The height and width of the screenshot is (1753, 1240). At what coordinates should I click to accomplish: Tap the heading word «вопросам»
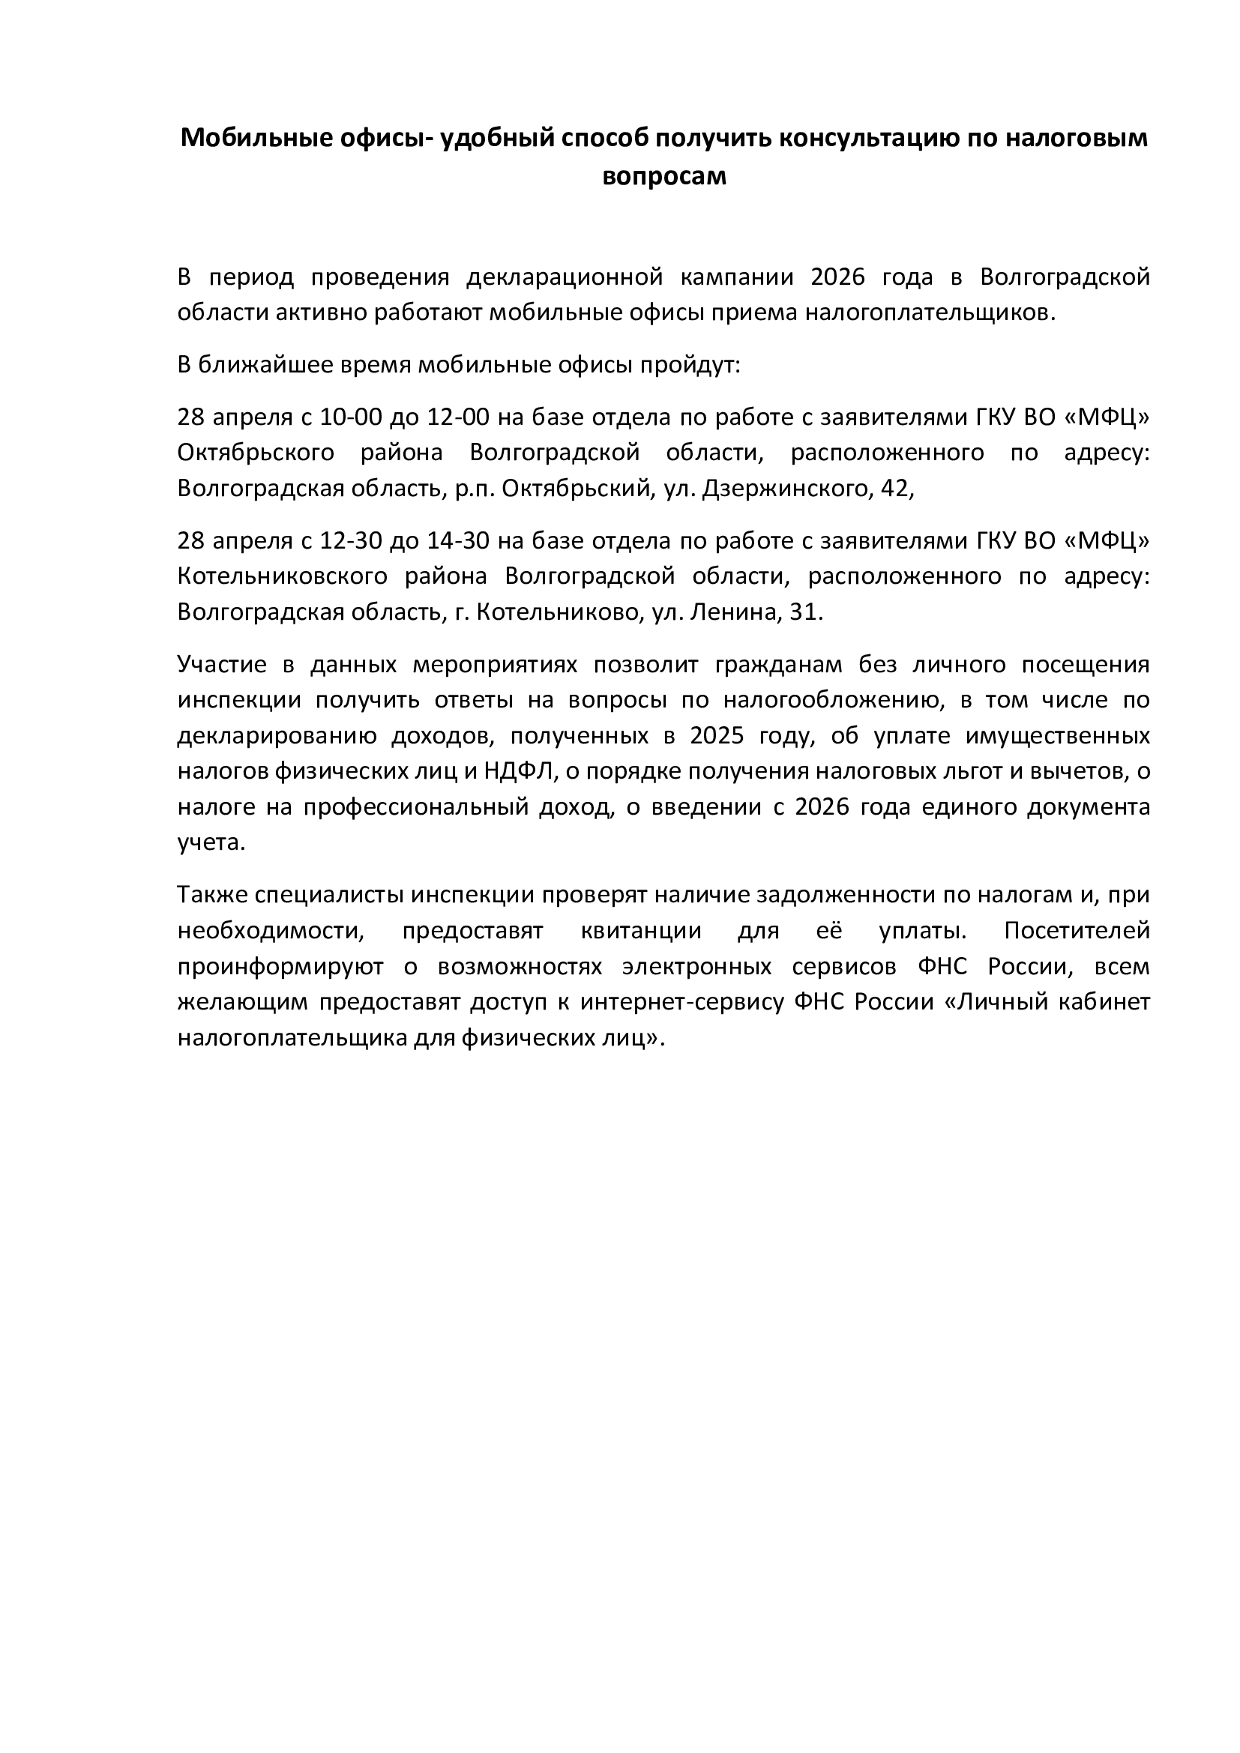[663, 176]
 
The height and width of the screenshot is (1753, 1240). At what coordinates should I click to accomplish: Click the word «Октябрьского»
[256, 453]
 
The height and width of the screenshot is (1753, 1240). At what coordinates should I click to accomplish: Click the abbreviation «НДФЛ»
[516, 771]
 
